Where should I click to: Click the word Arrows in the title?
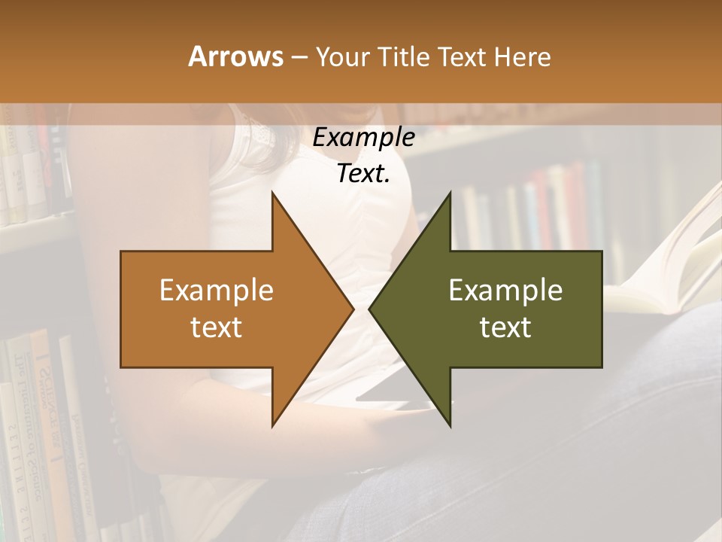(x=235, y=56)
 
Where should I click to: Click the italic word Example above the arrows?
(x=363, y=138)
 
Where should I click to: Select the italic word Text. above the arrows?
(x=363, y=174)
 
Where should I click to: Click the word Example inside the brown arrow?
(x=217, y=290)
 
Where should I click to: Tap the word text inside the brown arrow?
(x=217, y=327)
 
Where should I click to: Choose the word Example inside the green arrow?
(x=505, y=290)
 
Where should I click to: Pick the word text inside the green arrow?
(x=505, y=327)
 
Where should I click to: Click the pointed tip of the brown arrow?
(x=353, y=309)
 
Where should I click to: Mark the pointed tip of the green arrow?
(x=369, y=309)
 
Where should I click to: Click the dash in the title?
(x=298, y=57)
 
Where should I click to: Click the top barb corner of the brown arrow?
(x=273, y=193)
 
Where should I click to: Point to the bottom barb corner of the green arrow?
(x=450, y=425)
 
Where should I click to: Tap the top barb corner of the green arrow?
(x=450, y=193)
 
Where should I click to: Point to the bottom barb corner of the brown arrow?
(x=273, y=425)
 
